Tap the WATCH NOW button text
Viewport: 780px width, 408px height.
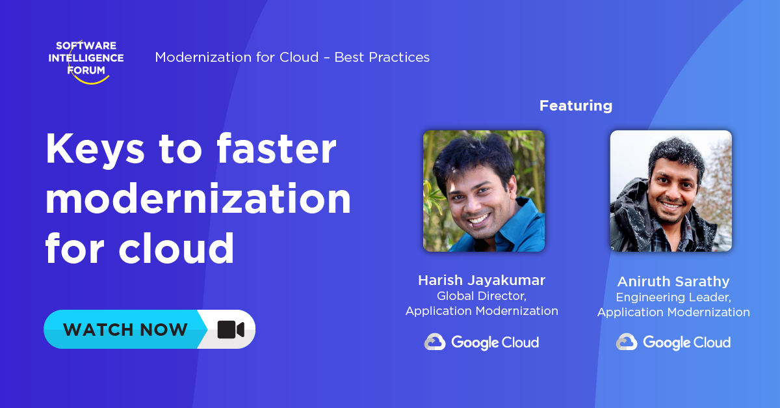[125, 329]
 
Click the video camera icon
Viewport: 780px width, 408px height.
[230, 329]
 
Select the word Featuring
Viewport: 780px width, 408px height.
[575, 105]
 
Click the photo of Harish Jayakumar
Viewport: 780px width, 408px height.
[484, 191]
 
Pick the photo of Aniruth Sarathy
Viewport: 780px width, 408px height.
[670, 191]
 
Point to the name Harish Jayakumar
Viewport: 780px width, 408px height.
[482, 280]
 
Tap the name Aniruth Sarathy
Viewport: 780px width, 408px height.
[673, 282]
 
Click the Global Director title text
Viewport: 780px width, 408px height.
[481, 296]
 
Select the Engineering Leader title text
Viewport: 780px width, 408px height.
[673, 297]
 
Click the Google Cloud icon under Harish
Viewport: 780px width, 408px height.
[435, 342]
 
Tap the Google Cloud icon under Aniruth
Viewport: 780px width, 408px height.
[627, 342]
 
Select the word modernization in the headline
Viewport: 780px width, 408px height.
[198, 199]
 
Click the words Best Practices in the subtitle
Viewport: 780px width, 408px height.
[382, 57]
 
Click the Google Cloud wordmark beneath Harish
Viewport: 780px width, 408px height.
[495, 342]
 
